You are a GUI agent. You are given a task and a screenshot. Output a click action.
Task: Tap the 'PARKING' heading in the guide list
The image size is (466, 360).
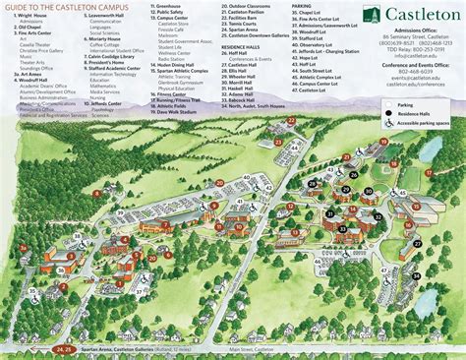pyautogui.click(x=303, y=6)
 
